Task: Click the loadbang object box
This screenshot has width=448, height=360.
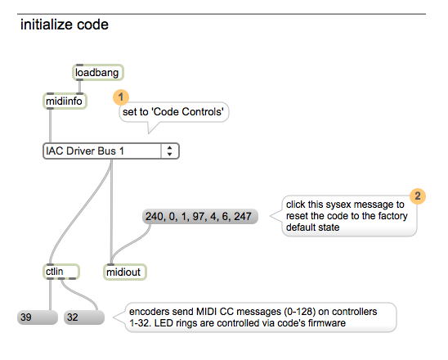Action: click(x=98, y=72)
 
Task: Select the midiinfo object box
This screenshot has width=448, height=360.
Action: click(x=65, y=101)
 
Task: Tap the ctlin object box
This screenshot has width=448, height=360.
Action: click(x=61, y=272)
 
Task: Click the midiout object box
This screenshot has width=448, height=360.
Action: click(x=125, y=272)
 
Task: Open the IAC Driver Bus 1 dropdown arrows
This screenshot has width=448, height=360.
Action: click(x=170, y=151)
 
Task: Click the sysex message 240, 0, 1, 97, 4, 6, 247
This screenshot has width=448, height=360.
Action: click(x=200, y=216)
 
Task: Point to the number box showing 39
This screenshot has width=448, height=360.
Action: click(x=38, y=317)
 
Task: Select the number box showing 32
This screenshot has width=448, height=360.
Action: click(x=84, y=317)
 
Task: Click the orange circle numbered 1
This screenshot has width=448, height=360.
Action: click(x=121, y=97)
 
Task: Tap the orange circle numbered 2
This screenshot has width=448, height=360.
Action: click(x=418, y=196)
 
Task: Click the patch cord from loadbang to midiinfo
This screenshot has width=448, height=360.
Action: click(x=80, y=87)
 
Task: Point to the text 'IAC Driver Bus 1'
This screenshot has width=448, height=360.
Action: click(x=85, y=151)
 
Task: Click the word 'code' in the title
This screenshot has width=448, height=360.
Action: click(x=93, y=25)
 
